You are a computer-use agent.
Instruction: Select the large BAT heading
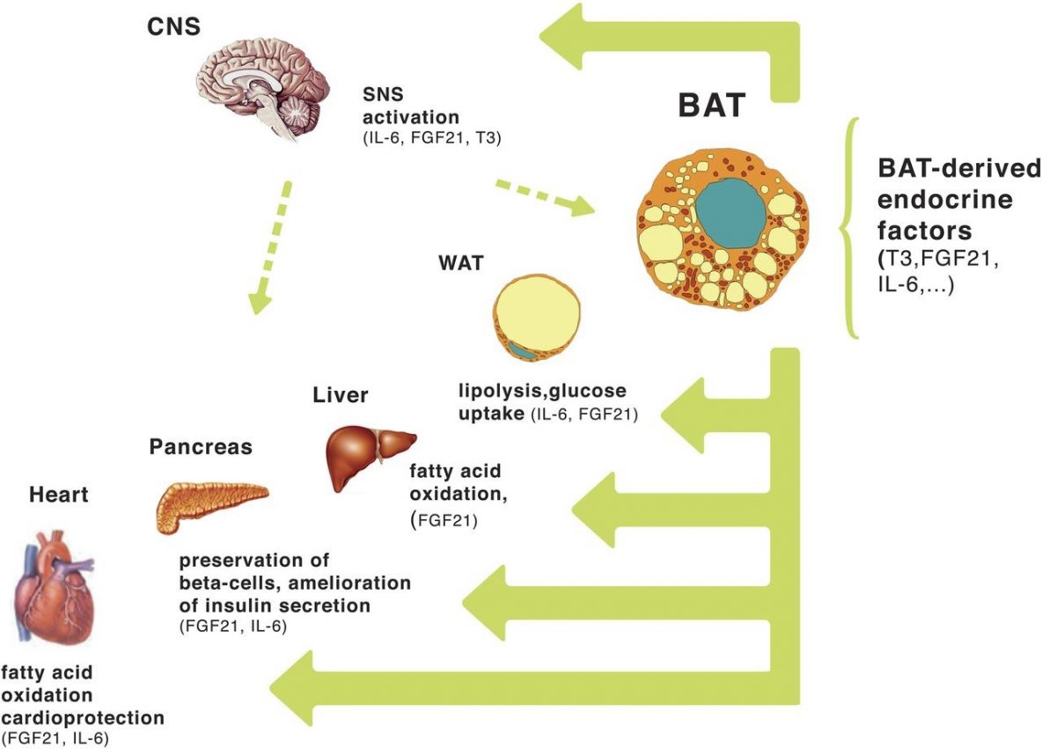711,106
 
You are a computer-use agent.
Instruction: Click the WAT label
459,263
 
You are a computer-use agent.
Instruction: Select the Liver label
341,395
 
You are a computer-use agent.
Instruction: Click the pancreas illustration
211,506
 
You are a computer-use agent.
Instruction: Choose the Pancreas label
201,447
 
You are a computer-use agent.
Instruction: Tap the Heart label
59,495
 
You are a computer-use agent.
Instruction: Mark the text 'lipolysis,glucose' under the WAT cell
543,391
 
